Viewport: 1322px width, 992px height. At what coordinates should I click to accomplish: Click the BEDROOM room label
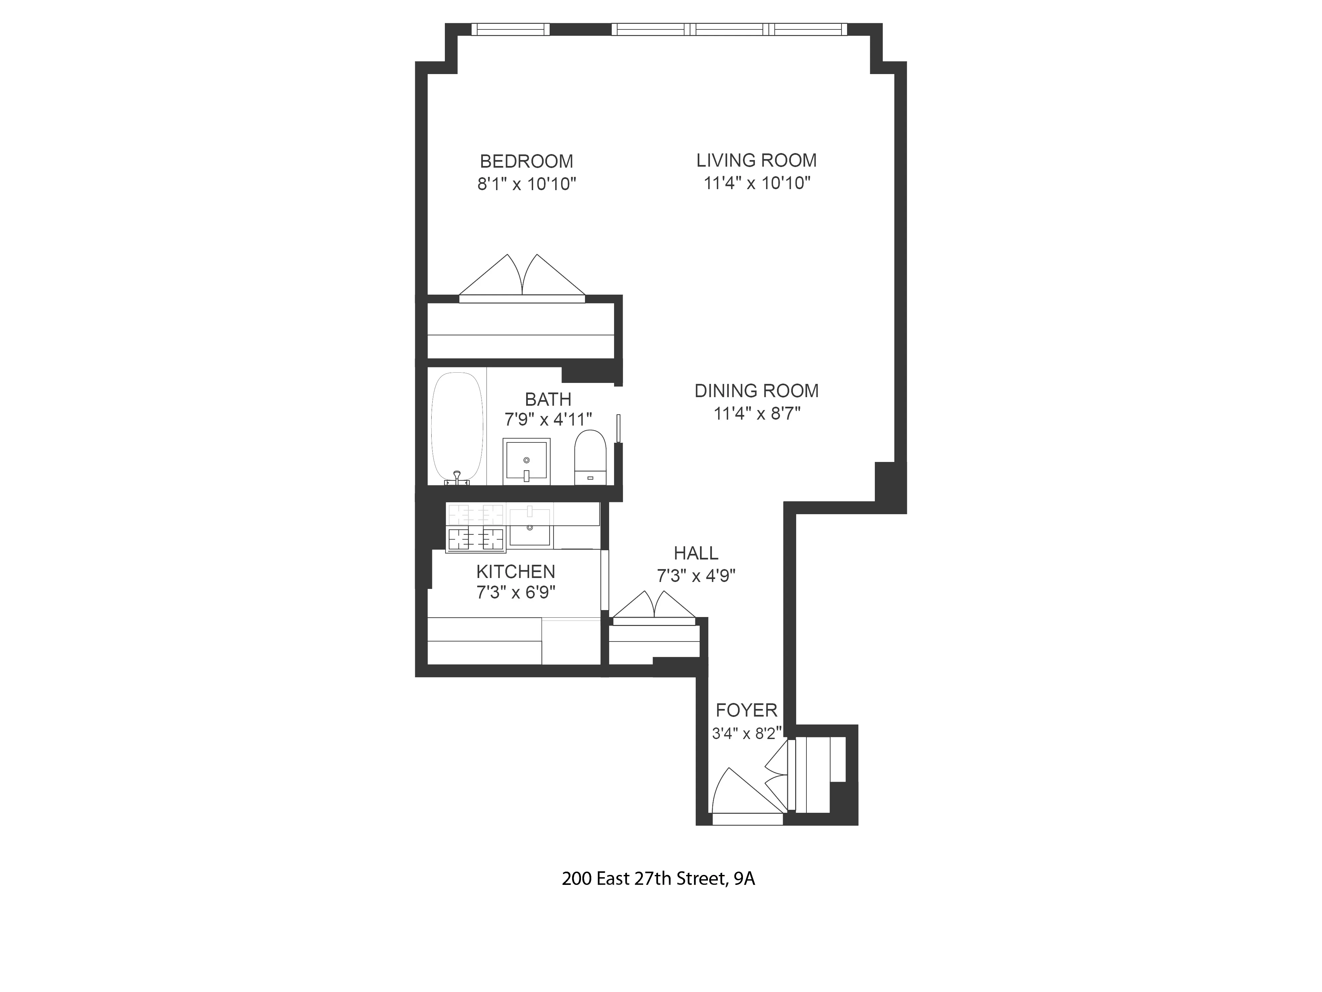pyautogui.click(x=526, y=161)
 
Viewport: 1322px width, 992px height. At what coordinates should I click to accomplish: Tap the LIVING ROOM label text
pyautogui.click(x=756, y=160)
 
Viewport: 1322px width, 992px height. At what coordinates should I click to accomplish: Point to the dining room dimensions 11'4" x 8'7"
pyautogui.click(x=757, y=413)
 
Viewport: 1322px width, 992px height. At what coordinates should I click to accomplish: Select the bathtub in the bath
pyautogui.click(x=457, y=426)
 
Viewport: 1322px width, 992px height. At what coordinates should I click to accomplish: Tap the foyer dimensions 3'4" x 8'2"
pyautogui.click(x=747, y=733)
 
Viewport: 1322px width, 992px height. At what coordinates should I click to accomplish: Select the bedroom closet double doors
pyautogui.click(x=522, y=278)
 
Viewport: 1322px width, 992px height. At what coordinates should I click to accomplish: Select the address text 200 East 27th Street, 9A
pyautogui.click(x=658, y=878)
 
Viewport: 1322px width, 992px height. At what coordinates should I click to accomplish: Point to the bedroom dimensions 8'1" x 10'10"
pyautogui.click(x=526, y=184)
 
